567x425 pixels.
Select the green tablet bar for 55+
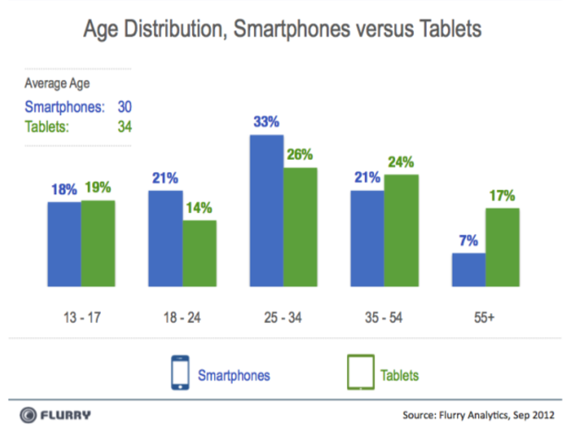503,248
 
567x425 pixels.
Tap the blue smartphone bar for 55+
469,270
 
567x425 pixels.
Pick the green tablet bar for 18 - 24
200,253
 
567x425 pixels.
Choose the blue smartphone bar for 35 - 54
367,239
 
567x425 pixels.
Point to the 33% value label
266,122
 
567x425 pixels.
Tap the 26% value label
300,154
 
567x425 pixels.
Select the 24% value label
401,161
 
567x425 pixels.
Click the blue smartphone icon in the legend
179,372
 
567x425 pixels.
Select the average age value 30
124,107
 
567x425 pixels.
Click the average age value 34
124,127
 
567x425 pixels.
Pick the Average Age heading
57,84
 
